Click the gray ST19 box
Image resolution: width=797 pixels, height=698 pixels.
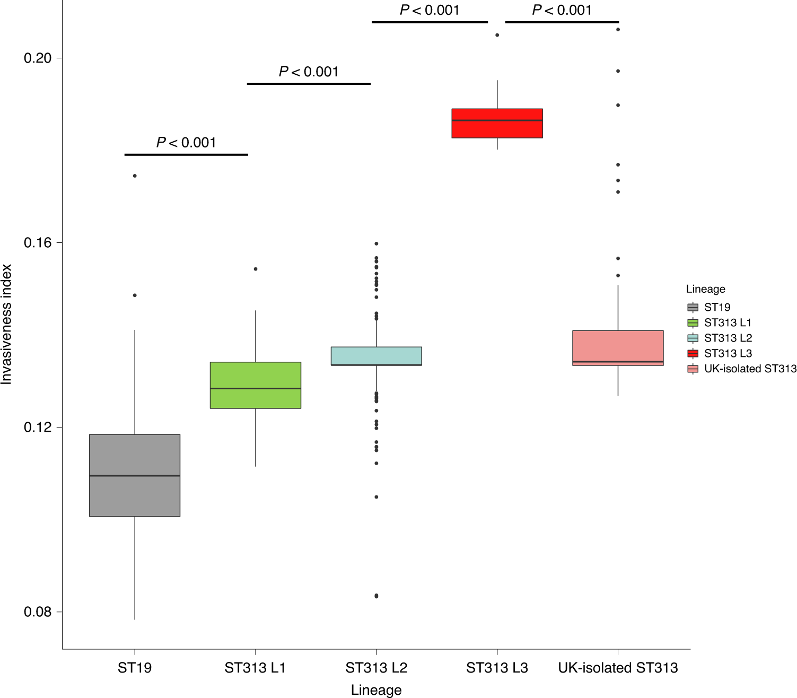coord(135,475)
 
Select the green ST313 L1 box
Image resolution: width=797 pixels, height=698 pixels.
coord(256,385)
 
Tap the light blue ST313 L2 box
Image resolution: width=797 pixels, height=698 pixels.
coord(376,356)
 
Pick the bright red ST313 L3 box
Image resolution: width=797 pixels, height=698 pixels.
coord(497,123)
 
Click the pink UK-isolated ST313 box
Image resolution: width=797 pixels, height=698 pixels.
coord(618,348)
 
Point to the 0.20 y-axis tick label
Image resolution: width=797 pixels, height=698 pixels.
coord(38,58)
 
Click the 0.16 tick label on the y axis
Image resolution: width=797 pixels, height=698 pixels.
coord(38,243)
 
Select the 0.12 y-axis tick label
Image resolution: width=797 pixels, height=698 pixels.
coord(38,427)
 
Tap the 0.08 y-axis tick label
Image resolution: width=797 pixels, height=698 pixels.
coord(38,612)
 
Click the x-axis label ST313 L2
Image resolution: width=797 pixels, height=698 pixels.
coord(376,668)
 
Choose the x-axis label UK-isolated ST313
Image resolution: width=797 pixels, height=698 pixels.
coord(618,668)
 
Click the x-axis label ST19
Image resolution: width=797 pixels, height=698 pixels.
coord(135,668)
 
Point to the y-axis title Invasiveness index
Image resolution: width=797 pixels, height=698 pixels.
coord(6,325)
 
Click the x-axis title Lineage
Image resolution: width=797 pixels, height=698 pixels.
coord(376,690)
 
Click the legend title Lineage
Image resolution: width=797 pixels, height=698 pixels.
coord(705,289)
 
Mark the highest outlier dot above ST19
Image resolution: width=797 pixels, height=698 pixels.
coord(135,176)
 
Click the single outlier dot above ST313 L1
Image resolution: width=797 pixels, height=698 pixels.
coord(256,269)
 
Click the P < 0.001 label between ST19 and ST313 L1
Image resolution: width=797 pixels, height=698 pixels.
coord(186,143)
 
